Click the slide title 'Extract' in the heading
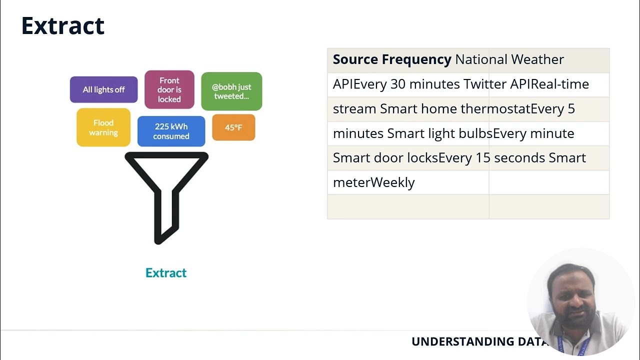[63, 26]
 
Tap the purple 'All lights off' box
[103, 89]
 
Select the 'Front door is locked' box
[169, 89]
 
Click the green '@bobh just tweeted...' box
[231, 91]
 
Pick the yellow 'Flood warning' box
[103, 127]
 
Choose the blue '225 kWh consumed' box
[171, 131]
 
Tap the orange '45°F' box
[233, 127]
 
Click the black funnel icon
[166, 195]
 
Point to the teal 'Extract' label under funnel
[166, 272]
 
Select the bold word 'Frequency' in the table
[416, 59]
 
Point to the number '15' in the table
[483, 158]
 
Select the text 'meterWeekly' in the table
[374, 182]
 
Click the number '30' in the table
[398, 84]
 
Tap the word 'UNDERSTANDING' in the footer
[460, 341]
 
